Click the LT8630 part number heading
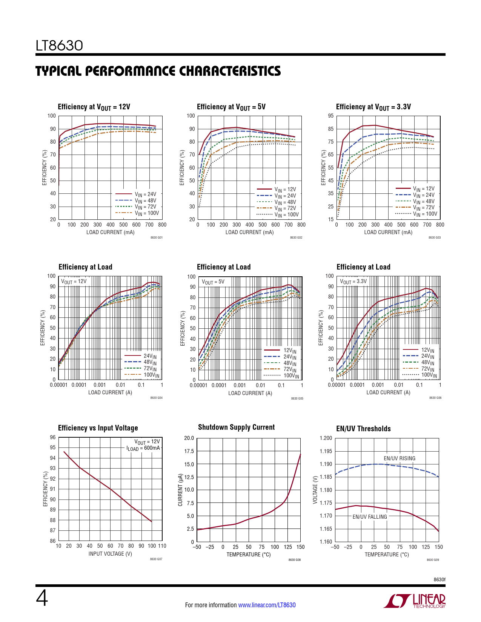point(59,46)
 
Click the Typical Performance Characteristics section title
point(158,71)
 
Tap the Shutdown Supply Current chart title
point(236,427)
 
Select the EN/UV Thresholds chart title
point(363,429)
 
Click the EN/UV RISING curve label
point(399,458)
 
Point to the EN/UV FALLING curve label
point(370,517)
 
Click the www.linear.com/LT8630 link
point(267,605)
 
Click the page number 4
point(42,598)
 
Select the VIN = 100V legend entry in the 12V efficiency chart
point(146,213)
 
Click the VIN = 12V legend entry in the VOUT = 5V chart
point(285,190)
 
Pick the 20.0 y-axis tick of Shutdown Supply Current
point(189,438)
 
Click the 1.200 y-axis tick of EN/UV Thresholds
point(326,438)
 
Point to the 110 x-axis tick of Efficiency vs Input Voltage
point(162,546)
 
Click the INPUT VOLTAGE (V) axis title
point(110,554)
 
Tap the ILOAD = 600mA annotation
point(143,448)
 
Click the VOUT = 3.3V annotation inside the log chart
point(353,282)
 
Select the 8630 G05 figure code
point(297,398)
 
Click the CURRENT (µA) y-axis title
point(180,490)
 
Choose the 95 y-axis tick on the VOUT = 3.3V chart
point(331,116)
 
